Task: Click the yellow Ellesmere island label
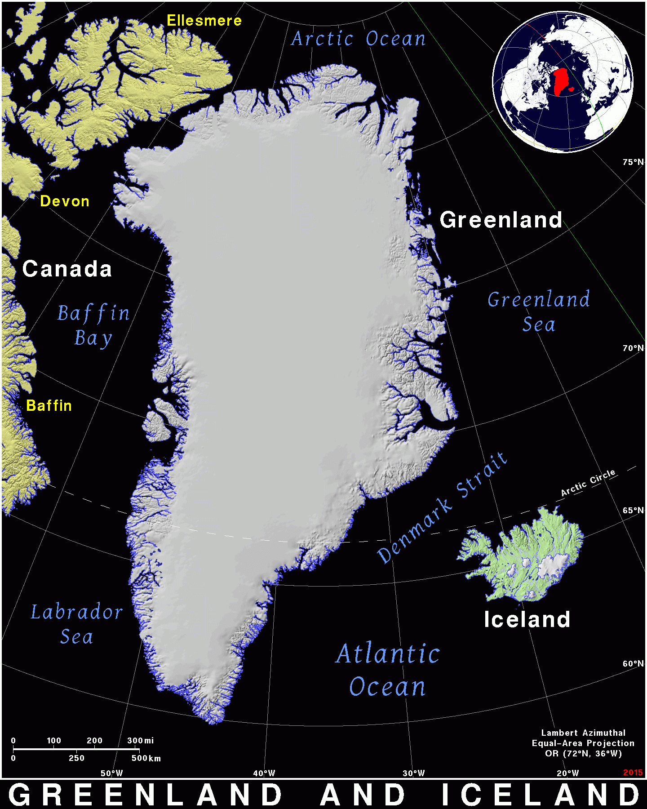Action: [x=204, y=21]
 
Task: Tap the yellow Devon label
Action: [x=65, y=201]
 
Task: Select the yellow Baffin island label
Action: [x=49, y=406]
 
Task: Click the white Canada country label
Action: [x=67, y=269]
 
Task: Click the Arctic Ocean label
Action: [x=358, y=39]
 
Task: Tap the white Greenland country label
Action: [x=501, y=220]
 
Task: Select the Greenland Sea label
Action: [x=539, y=312]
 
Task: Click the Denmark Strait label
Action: [x=443, y=508]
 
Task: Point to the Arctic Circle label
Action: [x=588, y=483]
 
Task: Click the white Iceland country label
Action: [x=527, y=619]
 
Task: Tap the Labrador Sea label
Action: [x=77, y=624]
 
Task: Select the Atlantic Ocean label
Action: [x=388, y=670]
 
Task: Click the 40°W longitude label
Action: [x=264, y=773]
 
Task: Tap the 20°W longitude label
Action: [x=568, y=773]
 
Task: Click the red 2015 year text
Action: [x=633, y=772]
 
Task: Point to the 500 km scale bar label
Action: [x=146, y=758]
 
